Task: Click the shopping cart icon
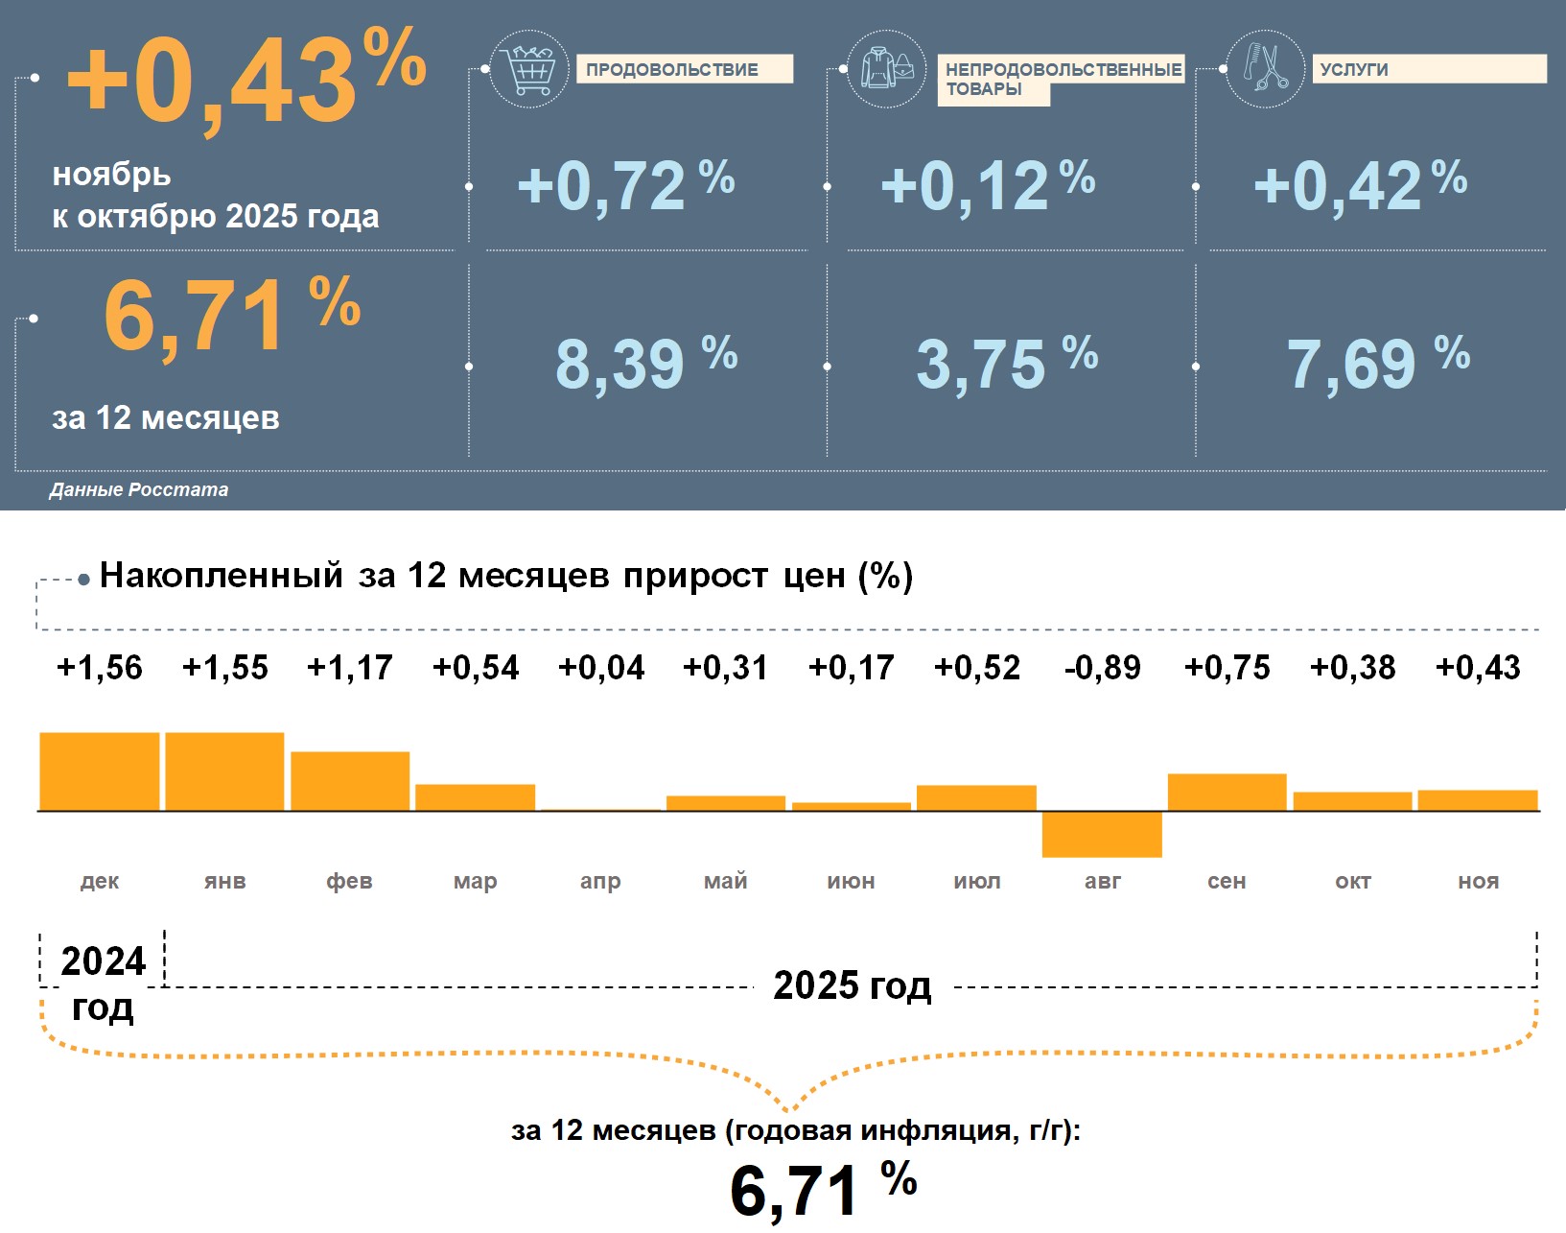tap(528, 69)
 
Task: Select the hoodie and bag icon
tap(887, 69)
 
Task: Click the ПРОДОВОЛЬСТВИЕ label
tap(672, 70)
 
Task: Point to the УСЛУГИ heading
tap(1354, 70)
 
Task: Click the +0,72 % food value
tap(625, 185)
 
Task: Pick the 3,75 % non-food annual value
tap(1006, 364)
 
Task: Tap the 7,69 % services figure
tap(1377, 364)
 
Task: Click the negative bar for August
tap(1102, 834)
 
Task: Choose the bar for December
tap(100, 771)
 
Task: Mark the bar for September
tap(1227, 793)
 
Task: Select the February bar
tap(350, 781)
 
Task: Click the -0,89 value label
tap(1102, 668)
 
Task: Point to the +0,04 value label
tap(601, 668)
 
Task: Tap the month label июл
tap(977, 881)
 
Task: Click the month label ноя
tap(1478, 881)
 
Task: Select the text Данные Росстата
tap(139, 490)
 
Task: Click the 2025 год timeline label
tap(852, 985)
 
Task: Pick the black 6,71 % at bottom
tap(823, 1190)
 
